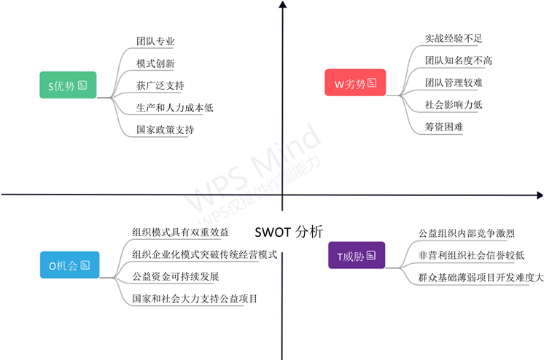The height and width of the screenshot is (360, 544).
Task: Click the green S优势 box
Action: pyautogui.click(x=67, y=85)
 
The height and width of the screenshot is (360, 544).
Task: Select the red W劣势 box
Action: pyautogui.click(x=355, y=83)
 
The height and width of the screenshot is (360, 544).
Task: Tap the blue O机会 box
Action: pyautogui.click(x=68, y=265)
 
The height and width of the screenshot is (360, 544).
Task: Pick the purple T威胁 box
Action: pyautogui.click(x=356, y=256)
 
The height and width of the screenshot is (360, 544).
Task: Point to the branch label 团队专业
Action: pyautogui.click(x=155, y=42)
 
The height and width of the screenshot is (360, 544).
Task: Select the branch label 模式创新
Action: pyautogui.click(x=155, y=64)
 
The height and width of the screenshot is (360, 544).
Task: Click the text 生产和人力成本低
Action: pyautogui.click(x=174, y=108)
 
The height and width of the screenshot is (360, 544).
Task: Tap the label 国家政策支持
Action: pyautogui.click(x=165, y=130)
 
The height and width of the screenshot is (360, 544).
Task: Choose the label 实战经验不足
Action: pyautogui.click(x=454, y=39)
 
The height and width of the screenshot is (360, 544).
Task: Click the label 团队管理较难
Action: pyautogui.click(x=454, y=82)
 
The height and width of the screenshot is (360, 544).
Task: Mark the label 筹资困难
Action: pyautogui.click(x=444, y=126)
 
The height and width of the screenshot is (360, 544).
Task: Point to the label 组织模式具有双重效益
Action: pyautogui.click(x=180, y=232)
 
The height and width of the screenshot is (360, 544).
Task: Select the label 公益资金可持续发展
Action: pyautogui.click(x=175, y=276)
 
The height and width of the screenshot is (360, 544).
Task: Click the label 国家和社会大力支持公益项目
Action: pyautogui.click(x=195, y=298)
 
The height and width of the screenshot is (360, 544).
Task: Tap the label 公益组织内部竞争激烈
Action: pyautogui.click(x=467, y=234)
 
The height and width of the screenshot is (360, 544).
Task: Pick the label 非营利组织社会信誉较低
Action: pyautogui.click(x=471, y=256)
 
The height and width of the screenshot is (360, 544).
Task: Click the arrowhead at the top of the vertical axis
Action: pyautogui.click(x=282, y=6)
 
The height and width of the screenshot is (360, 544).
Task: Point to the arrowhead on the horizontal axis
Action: pyautogui.click(x=539, y=195)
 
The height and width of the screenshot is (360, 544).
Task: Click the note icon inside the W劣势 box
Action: pyautogui.click(x=372, y=83)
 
